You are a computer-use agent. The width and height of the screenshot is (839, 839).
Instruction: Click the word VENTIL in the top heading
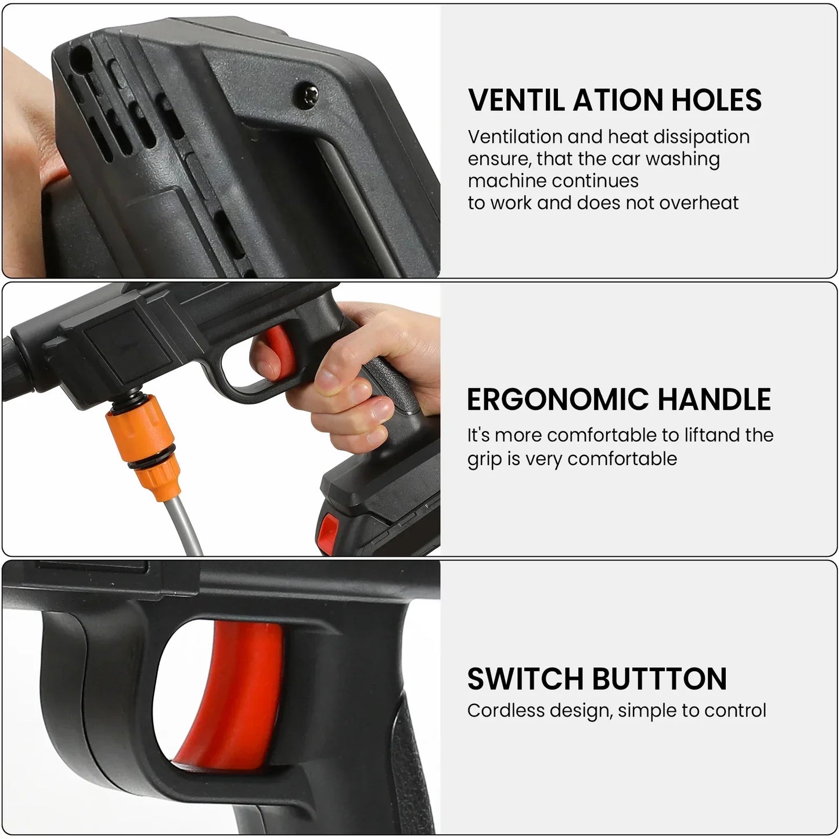(x=516, y=100)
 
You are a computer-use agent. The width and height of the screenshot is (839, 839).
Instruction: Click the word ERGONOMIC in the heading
(x=557, y=399)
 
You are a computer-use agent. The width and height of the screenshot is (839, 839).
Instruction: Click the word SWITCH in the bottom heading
(x=525, y=678)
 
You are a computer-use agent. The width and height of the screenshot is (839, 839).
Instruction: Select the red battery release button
(x=329, y=529)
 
